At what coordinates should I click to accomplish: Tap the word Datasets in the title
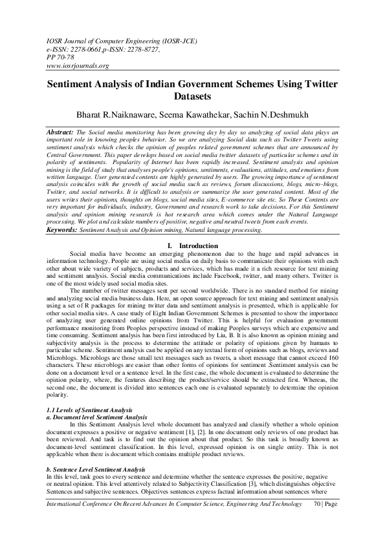pyautogui.click(x=192, y=97)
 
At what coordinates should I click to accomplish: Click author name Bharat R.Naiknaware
pyautogui.click(x=126, y=114)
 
